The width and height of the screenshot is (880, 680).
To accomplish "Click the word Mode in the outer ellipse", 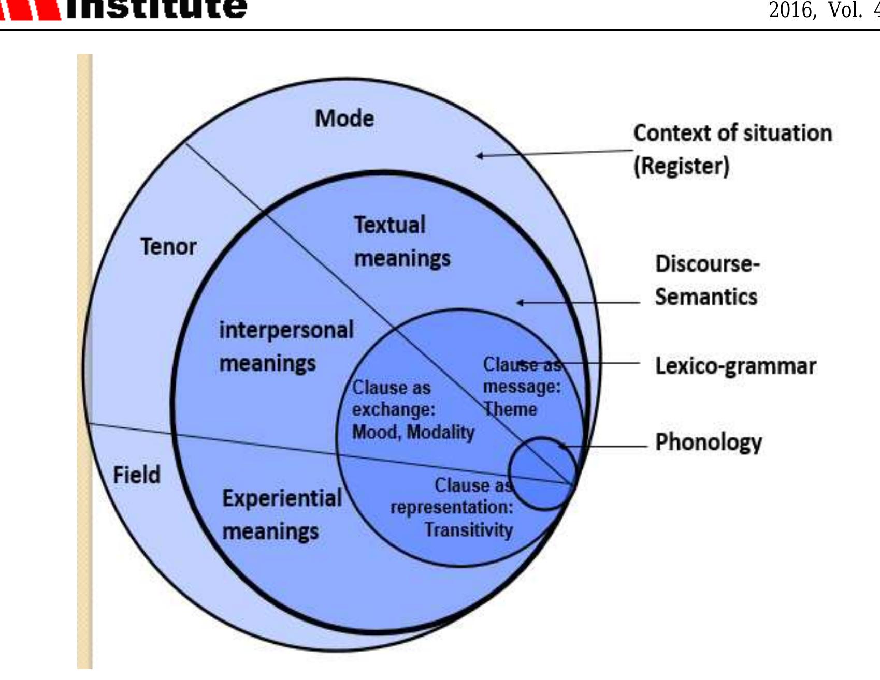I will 344,119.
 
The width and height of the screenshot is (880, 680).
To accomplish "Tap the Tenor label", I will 168,246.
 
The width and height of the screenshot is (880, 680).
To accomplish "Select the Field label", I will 137,475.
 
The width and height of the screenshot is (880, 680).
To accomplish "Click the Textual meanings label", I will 401,242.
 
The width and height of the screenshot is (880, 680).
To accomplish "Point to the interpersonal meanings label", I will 286,346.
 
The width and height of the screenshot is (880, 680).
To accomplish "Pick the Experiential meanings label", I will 281,514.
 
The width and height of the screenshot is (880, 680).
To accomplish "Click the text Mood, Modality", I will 413,432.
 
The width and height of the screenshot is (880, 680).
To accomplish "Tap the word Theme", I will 510,409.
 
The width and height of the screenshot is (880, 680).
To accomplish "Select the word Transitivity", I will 469,529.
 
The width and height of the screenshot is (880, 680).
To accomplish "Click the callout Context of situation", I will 732,133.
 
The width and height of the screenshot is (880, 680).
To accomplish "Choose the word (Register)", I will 681,166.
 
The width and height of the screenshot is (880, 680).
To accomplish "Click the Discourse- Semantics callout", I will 706,280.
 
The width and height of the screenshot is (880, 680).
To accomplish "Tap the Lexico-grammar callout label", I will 735,366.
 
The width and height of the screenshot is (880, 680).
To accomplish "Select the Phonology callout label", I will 709,442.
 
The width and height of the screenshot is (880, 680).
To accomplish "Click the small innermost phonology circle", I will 542,474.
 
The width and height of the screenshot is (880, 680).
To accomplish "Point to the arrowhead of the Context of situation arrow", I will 479,155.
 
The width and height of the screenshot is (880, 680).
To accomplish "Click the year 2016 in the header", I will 791,10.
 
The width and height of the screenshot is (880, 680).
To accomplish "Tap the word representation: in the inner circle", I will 452,507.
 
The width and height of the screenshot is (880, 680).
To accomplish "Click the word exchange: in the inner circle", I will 394,409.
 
